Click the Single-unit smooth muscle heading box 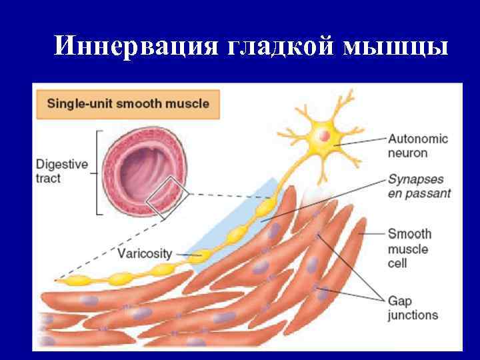coord(127,104)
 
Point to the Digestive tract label coord(61,171)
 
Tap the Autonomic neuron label coord(417,146)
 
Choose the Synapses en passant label coord(419,187)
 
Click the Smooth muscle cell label coord(409,248)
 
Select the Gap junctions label coord(413,307)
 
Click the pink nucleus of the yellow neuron coord(323,136)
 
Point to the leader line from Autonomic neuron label coord(363,141)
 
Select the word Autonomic coord(417,139)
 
